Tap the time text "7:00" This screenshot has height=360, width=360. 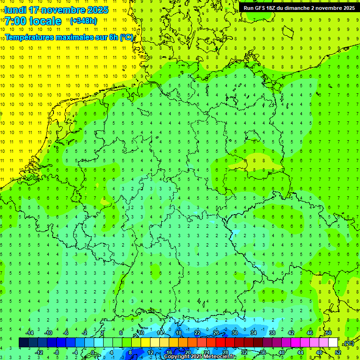click(16, 21)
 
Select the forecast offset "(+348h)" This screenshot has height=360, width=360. click(83, 21)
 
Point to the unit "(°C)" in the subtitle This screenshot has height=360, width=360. click(126, 37)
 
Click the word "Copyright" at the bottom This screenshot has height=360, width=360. click(176, 357)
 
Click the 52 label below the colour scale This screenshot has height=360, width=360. click(338, 352)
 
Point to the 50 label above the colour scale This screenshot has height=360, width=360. click(328, 333)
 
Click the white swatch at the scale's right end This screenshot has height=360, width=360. click(333, 343)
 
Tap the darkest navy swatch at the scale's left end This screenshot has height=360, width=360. click(23, 343)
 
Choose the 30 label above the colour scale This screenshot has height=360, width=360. click(234, 333)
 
